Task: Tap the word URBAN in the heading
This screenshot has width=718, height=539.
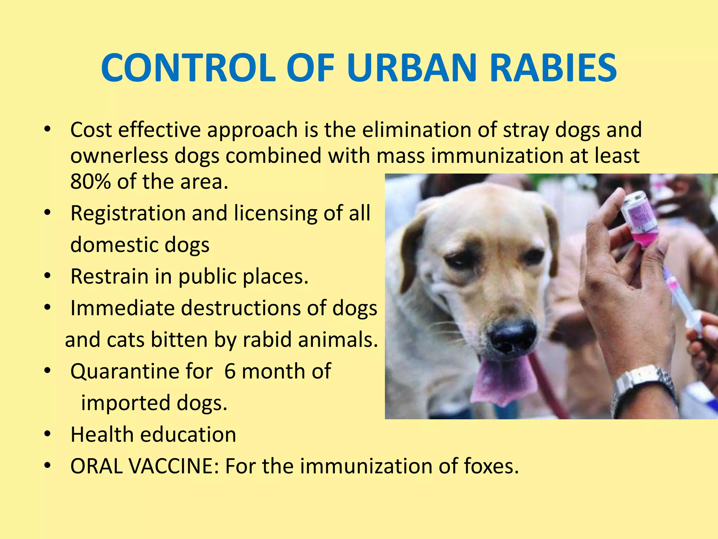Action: coord(412,68)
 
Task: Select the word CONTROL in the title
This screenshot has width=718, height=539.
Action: coord(188,68)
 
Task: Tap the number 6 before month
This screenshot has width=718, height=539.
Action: coord(230,371)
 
